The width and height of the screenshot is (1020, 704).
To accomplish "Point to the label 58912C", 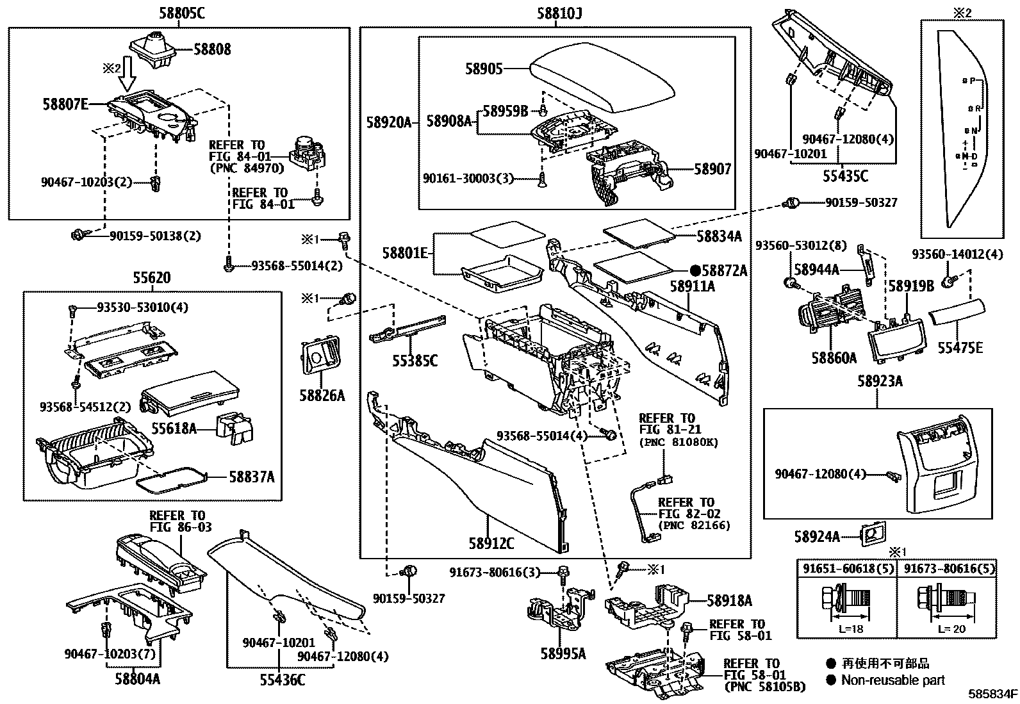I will click(x=491, y=543).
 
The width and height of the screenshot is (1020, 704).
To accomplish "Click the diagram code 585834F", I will click(x=992, y=694).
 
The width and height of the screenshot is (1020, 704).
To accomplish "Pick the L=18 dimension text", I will click(x=851, y=629).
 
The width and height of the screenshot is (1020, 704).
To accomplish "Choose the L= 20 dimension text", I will click(x=951, y=629).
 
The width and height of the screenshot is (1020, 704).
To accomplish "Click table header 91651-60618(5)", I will click(x=846, y=568).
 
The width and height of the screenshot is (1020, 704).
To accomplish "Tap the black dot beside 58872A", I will click(x=695, y=271).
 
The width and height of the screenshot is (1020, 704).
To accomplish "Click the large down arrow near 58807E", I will click(x=129, y=74).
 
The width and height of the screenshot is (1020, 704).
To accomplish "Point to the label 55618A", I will click(x=174, y=428).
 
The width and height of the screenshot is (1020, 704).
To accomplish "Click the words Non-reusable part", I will click(x=893, y=680).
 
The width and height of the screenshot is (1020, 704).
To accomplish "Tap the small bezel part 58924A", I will click(x=872, y=534).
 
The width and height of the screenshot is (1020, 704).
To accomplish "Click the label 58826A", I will click(x=322, y=395).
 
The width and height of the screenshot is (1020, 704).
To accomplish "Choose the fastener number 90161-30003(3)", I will click(x=469, y=178).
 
